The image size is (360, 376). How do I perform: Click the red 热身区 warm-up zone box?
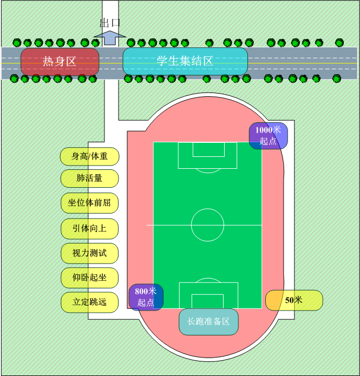[x=60, y=62]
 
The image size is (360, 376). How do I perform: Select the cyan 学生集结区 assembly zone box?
[x=185, y=61]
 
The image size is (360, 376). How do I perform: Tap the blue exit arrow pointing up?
[x=110, y=38]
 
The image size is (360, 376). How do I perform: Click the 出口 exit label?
[x=110, y=23]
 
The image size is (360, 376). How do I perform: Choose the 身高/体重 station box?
[x=89, y=156]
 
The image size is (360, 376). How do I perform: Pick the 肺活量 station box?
[x=89, y=179]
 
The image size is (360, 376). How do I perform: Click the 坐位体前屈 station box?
[x=89, y=203]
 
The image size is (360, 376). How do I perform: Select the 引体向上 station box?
[x=89, y=228]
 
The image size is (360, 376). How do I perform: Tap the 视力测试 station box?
[x=89, y=253]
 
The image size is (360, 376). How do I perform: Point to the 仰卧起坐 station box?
[x=89, y=278]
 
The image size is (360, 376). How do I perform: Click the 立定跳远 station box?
[x=89, y=302]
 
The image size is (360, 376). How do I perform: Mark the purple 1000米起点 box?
[x=269, y=136]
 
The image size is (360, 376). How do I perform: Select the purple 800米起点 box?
[x=146, y=297]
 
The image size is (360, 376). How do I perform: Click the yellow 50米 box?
[x=294, y=300]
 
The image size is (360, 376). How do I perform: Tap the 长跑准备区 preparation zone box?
[x=208, y=321]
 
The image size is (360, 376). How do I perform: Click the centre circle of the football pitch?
[x=207, y=209]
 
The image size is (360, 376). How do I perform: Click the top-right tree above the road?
[x=339, y=43]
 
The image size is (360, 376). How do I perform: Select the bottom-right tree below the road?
[x=337, y=78]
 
